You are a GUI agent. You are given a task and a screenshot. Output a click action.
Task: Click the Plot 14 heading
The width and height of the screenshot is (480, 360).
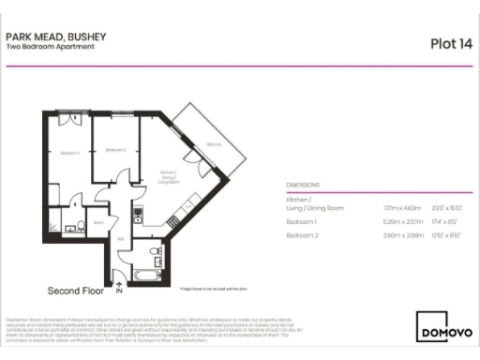coord(449,42)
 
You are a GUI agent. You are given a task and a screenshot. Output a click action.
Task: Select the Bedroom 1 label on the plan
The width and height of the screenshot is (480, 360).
coord(70,152)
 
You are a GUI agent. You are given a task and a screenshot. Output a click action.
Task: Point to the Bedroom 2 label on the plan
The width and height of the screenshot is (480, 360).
coord(116,150)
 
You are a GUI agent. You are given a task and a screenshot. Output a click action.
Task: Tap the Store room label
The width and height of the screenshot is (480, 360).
coord(98,222)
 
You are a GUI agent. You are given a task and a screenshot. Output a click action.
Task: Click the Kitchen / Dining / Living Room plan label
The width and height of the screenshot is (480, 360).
coord(169,177)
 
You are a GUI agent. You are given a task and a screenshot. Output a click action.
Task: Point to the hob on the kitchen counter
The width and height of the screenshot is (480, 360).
coord(137,212)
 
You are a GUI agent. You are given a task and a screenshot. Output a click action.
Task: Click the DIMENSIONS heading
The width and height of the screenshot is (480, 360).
coord(303,186)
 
